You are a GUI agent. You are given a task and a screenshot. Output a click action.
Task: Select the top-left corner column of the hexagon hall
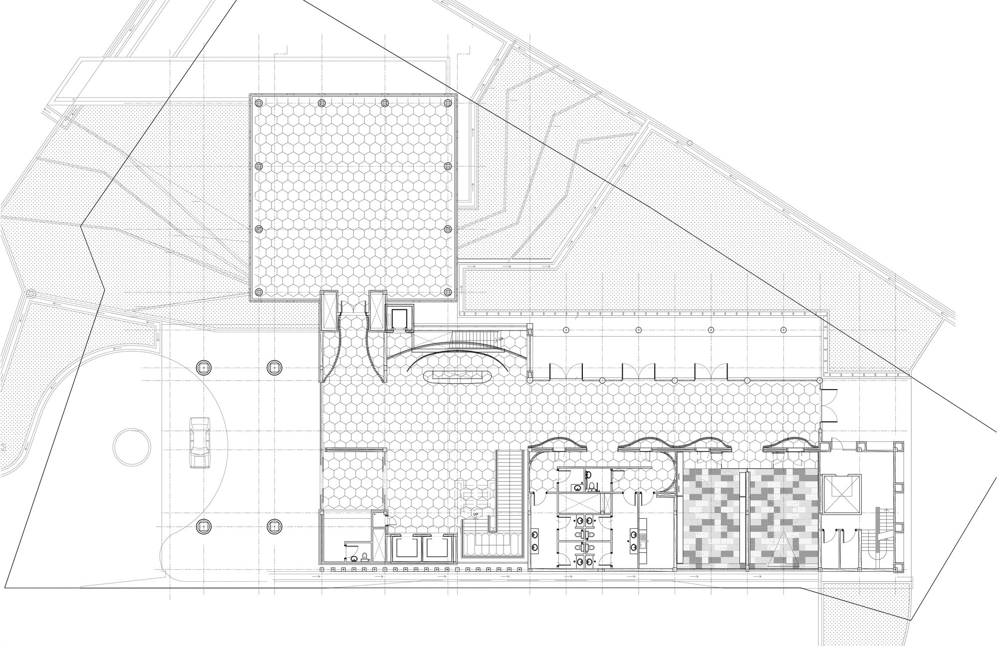point(258,103)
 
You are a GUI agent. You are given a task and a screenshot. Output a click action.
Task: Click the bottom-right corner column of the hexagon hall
point(447,292)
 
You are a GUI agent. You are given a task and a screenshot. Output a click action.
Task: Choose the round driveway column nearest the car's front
point(203,368)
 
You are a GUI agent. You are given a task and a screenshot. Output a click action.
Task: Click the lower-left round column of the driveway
point(203,525)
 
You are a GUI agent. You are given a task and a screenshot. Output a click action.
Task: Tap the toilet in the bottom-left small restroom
point(365,556)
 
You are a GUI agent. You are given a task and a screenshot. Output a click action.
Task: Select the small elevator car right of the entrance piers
point(399,318)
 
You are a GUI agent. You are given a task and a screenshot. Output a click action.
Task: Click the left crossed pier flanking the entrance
point(329,311)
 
